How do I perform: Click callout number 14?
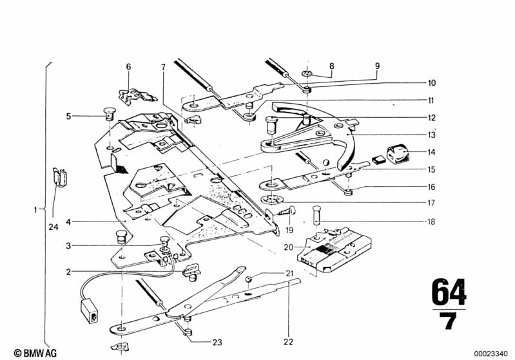(431, 153)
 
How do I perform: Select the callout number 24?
(53, 226)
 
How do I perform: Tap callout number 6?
(128, 66)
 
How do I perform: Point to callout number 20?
(288, 247)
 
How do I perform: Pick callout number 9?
(378, 66)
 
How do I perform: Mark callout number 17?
(431, 203)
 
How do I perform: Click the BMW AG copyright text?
(22, 352)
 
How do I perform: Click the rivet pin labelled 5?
(109, 118)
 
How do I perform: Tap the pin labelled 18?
(316, 212)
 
